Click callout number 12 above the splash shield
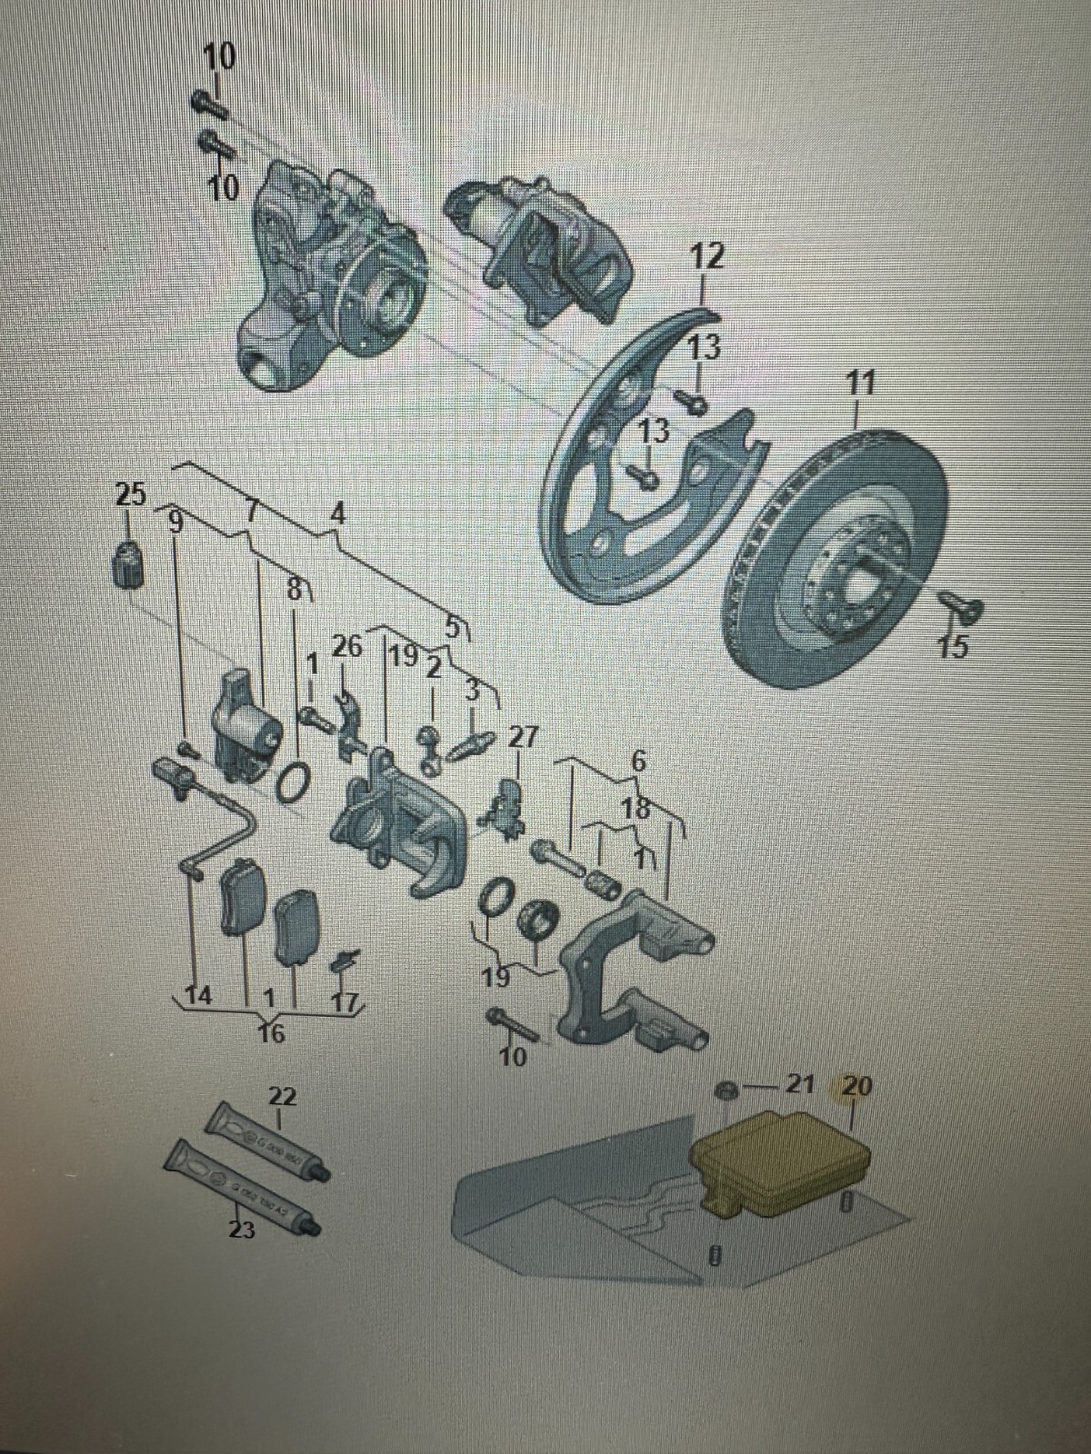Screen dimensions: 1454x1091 [706, 256]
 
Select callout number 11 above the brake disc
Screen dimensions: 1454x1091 [859, 383]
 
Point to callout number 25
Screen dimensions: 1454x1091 [130, 495]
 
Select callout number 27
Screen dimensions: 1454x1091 [522, 736]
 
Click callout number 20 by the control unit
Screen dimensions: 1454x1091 [856, 1085]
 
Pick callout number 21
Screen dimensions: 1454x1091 [798, 1085]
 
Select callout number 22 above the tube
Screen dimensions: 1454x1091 [282, 1096]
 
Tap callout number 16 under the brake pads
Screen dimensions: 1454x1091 [271, 1033]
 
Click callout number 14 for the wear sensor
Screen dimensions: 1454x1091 [198, 996]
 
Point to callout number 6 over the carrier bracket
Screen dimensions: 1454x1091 [638, 762]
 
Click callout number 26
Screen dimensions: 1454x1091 [346, 647]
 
